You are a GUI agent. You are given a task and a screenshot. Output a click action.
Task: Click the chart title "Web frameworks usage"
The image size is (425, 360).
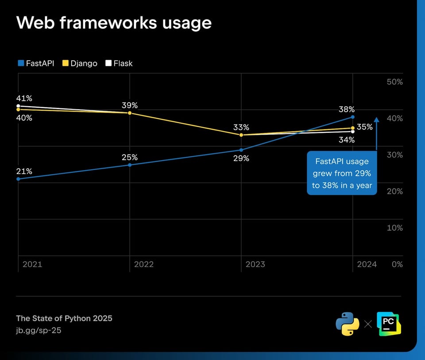pos(114,23)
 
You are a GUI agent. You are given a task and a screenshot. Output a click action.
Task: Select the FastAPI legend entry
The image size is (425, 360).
pos(36,63)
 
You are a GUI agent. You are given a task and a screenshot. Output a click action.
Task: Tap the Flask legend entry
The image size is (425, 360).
pos(119,63)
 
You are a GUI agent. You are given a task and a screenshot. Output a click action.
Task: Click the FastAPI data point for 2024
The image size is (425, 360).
pos(352,117)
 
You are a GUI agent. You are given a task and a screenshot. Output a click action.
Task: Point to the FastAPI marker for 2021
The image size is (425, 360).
pos(18,179)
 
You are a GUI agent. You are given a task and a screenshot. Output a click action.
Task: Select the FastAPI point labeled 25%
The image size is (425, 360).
pos(130,165)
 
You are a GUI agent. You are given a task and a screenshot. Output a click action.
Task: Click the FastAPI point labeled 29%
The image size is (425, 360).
pos(241,150)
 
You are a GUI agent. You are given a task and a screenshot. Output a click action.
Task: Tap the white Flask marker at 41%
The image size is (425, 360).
pos(18,106)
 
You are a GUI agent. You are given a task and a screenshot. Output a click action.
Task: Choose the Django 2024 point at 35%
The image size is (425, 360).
pos(352,128)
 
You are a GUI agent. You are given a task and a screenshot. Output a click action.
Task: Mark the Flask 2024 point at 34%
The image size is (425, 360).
pos(352,132)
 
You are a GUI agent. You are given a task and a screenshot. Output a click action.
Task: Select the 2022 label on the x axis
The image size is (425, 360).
pos(144,264)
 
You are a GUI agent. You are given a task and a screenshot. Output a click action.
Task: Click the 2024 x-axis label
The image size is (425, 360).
pos(367,264)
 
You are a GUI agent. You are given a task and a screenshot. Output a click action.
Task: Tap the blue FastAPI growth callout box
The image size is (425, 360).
pos(341,173)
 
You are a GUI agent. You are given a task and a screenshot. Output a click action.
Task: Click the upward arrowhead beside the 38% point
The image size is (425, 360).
pos(376,119)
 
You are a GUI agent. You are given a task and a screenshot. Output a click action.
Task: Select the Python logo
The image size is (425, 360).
pos(347,324)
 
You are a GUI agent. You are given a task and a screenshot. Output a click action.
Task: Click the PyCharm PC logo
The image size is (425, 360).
pos(388,324)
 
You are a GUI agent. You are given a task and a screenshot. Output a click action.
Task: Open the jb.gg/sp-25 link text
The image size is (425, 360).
pos(39,330)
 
